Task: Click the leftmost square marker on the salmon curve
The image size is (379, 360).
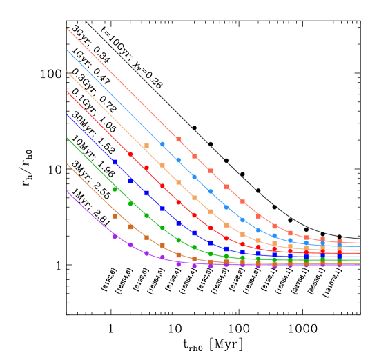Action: tap(178, 139)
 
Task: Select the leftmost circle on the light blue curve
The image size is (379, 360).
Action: tap(162, 144)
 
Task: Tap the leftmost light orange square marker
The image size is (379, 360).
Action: tap(146, 146)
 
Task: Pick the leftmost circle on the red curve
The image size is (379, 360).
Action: tap(130, 154)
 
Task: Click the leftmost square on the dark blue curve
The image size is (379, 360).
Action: tap(115, 162)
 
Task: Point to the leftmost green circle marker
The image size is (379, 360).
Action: tap(115, 189)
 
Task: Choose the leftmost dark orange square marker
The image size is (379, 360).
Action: tap(115, 216)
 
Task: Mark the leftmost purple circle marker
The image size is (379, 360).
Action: tap(115, 237)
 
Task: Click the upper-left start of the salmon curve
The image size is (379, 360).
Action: tap(67, 28)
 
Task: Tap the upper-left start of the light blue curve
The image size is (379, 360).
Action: tap(67, 50)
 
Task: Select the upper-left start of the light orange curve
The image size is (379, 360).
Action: tap(67, 71)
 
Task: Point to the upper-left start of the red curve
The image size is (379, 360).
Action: tap(67, 92)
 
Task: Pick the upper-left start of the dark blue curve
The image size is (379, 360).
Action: tap(67, 115)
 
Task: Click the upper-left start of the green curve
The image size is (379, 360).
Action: tap(67, 138)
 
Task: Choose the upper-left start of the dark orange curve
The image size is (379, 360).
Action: tap(67, 164)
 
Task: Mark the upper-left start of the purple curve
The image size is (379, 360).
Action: tap(67, 192)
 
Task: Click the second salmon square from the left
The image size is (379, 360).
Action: tap(194, 156)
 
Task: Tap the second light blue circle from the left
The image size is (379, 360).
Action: tap(178, 160)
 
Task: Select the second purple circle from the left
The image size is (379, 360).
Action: tap(130, 245)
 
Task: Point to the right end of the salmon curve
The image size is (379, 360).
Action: tap(360, 243)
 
